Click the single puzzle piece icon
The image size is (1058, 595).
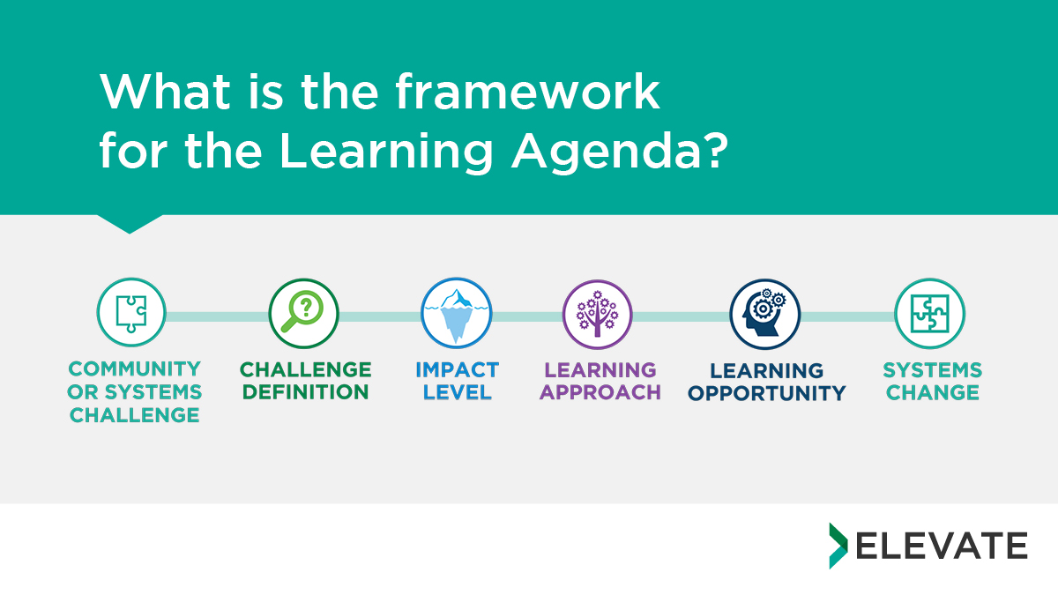(131, 313)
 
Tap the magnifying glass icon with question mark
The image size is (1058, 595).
(303, 314)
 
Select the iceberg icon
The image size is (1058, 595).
(457, 313)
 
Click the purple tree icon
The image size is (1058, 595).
(598, 315)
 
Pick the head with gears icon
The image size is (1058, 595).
(764, 314)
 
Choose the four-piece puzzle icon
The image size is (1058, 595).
(929, 314)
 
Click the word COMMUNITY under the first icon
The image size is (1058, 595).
(135, 368)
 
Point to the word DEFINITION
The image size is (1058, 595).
(306, 392)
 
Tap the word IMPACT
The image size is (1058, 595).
(458, 369)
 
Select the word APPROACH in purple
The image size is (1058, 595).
(600, 392)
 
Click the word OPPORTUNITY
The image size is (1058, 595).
(766, 393)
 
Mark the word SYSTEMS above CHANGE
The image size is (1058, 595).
(933, 370)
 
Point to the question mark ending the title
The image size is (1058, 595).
(717, 150)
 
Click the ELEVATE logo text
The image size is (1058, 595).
(942, 546)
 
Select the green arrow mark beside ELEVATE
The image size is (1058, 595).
(838, 546)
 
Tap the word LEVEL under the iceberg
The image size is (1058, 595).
(458, 392)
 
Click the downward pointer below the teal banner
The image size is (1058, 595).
(130, 223)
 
